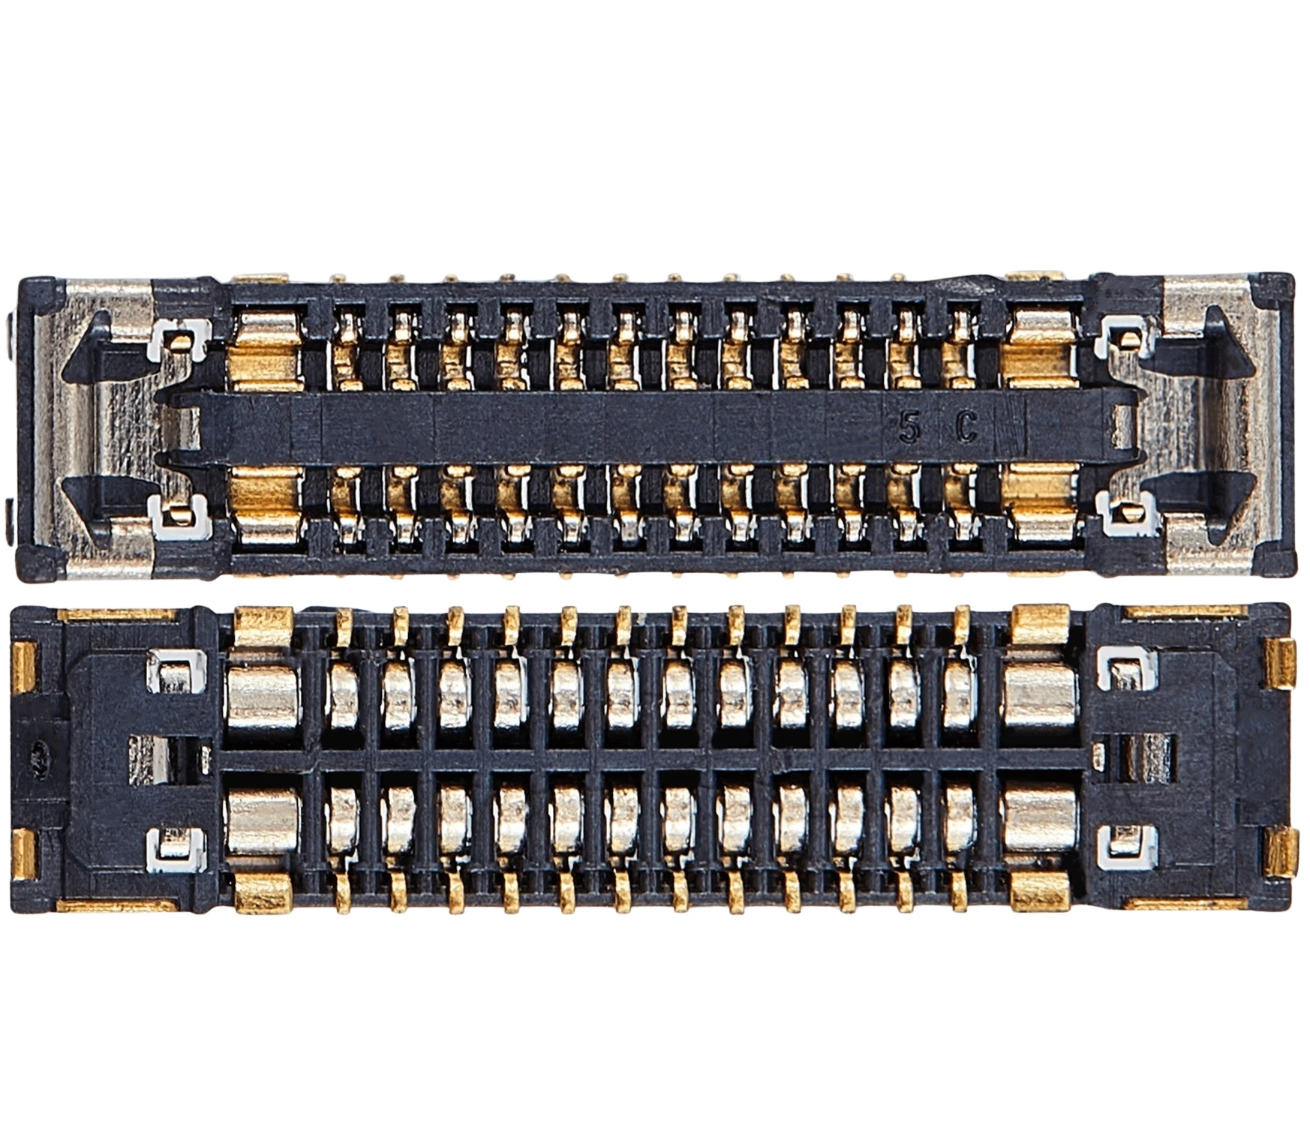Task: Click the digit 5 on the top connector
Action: pos(909,429)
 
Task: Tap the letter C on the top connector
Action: pos(966,429)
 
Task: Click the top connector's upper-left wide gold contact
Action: pos(269,350)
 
